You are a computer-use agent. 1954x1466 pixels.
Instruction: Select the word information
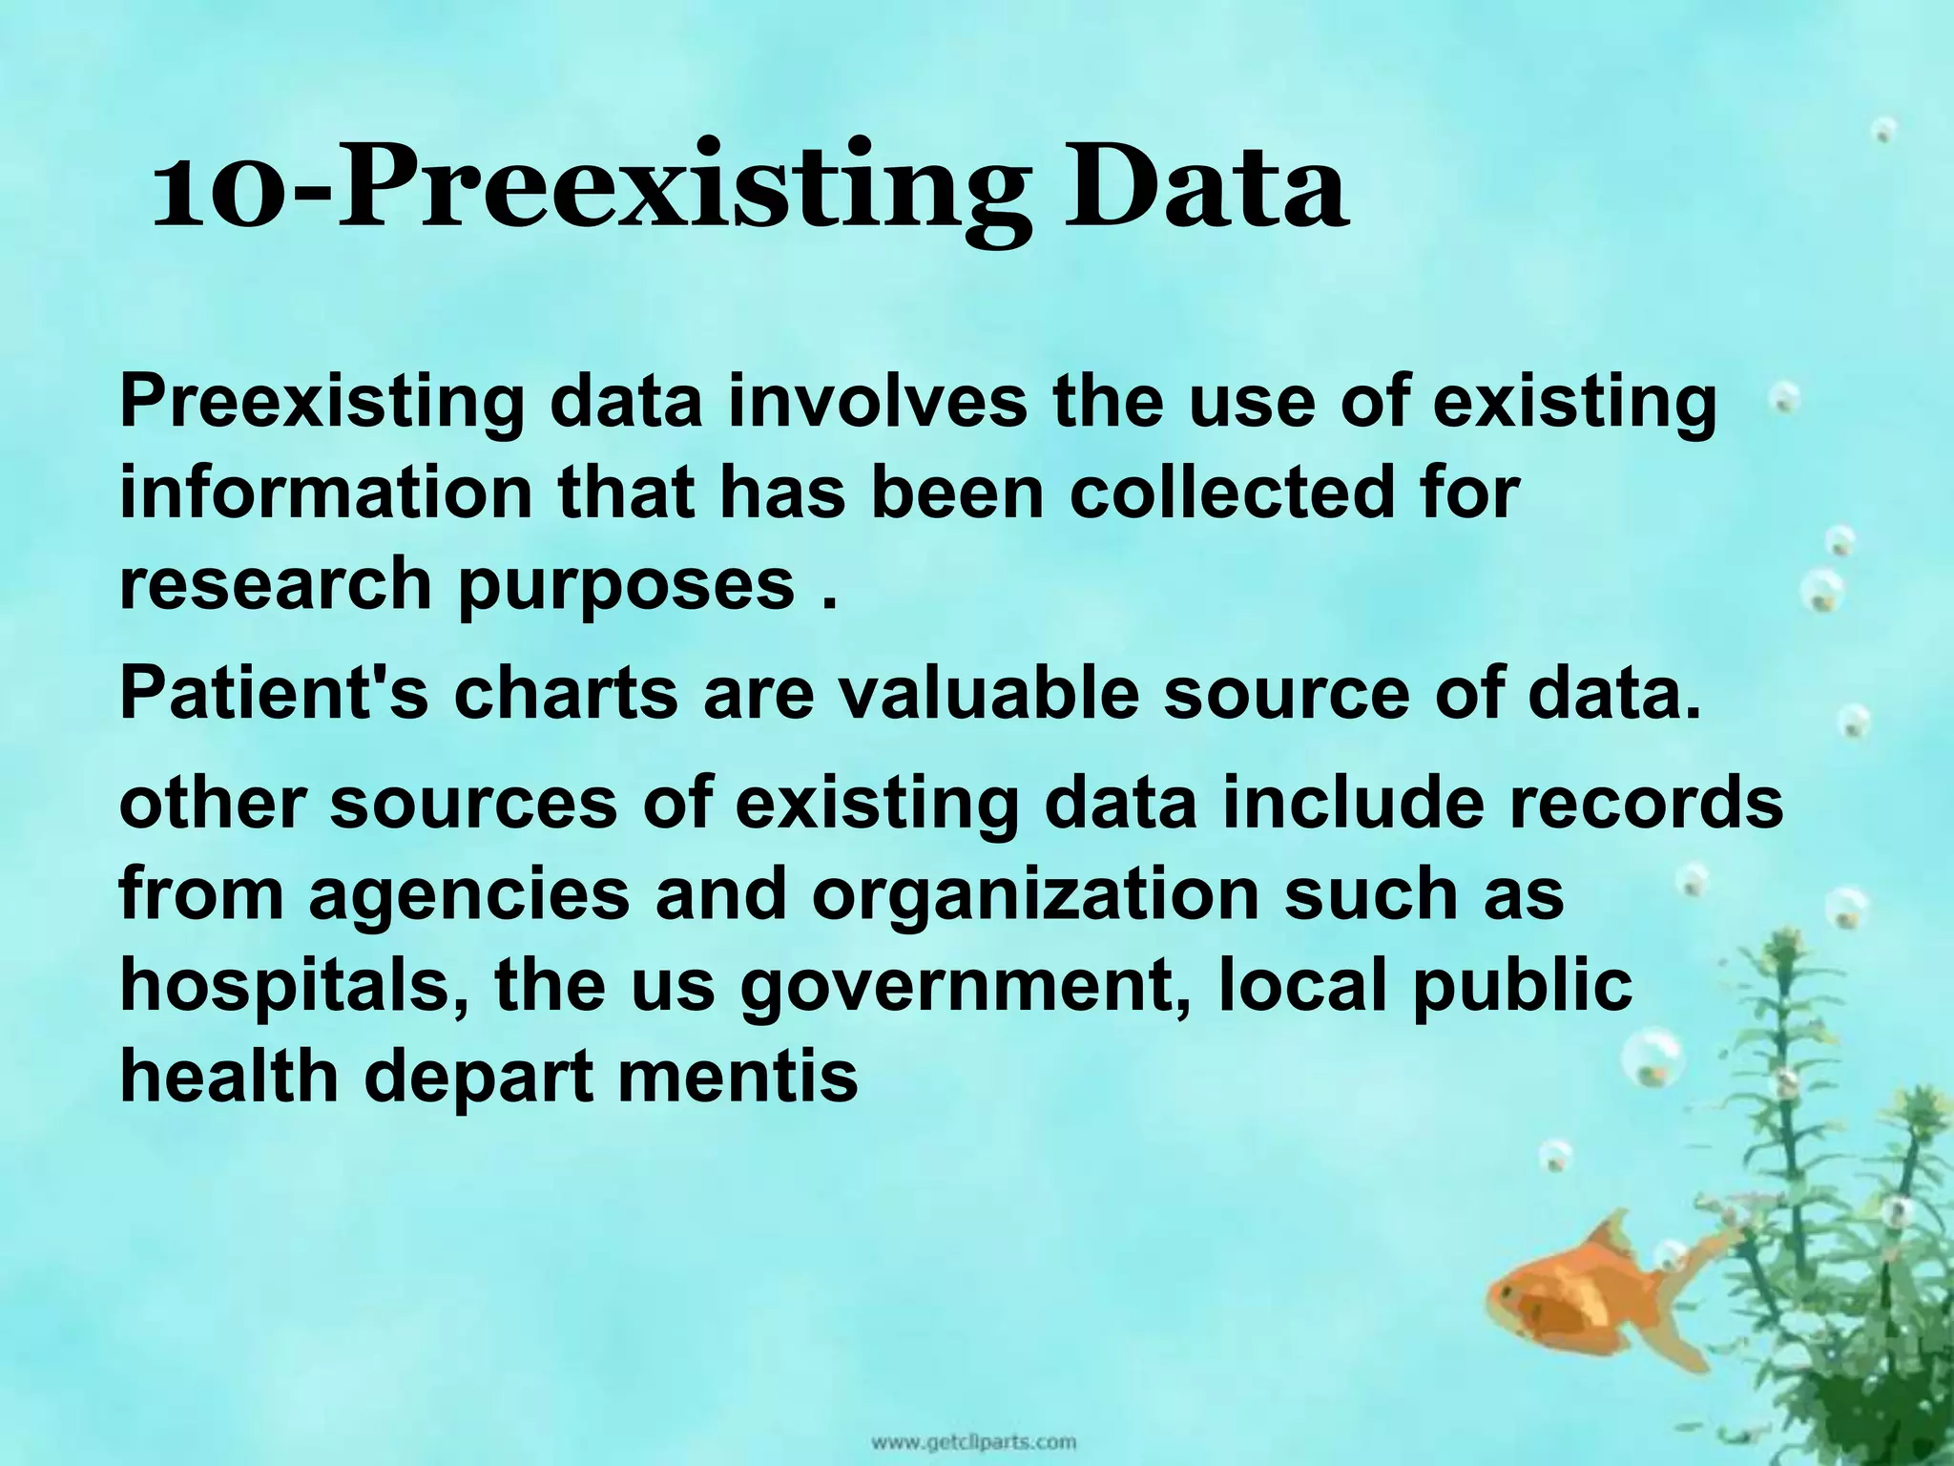[324, 492]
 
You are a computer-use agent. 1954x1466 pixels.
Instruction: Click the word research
[276, 583]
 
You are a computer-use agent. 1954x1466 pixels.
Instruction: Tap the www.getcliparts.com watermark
[973, 1441]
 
